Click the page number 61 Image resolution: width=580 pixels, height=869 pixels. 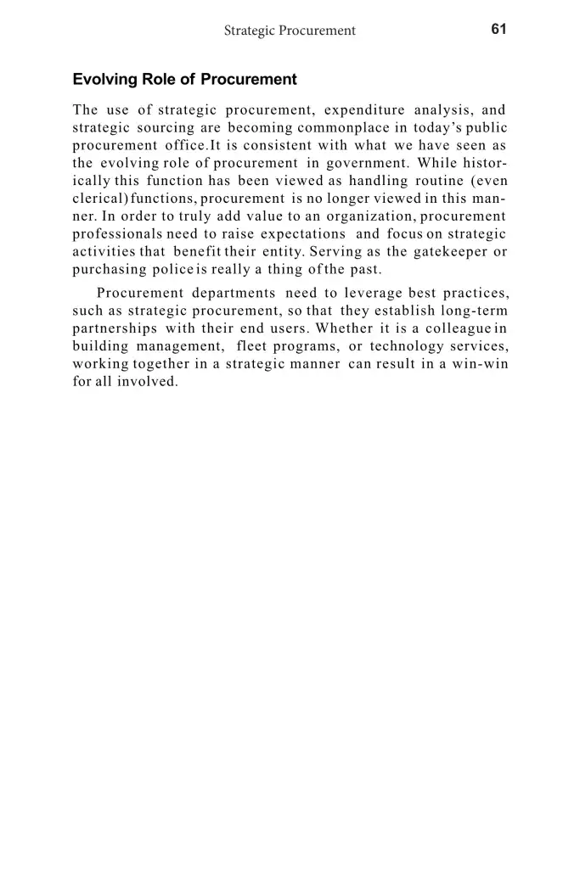pos(498,29)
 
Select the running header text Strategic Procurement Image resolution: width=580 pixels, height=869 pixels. pos(290,31)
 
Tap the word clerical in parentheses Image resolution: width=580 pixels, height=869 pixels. pos(100,199)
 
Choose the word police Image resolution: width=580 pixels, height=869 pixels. pos(173,270)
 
